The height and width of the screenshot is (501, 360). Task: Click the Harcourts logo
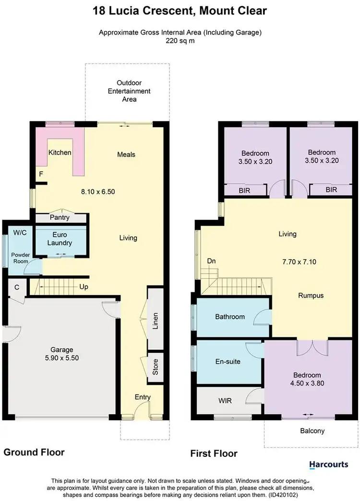click(328, 465)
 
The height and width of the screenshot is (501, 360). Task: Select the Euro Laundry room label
click(60, 239)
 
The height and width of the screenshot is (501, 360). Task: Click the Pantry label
click(60, 217)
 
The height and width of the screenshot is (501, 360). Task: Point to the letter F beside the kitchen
click(41, 174)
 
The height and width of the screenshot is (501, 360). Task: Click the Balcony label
click(312, 430)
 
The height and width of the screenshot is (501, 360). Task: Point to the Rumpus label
click(311, 296)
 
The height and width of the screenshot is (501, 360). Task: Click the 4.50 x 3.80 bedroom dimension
click(308, 384)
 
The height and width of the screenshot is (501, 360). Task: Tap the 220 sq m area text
click(180, 41)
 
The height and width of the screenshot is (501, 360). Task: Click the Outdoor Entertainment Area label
click(129, 91)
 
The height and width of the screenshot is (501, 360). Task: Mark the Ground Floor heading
click(34, 452)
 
